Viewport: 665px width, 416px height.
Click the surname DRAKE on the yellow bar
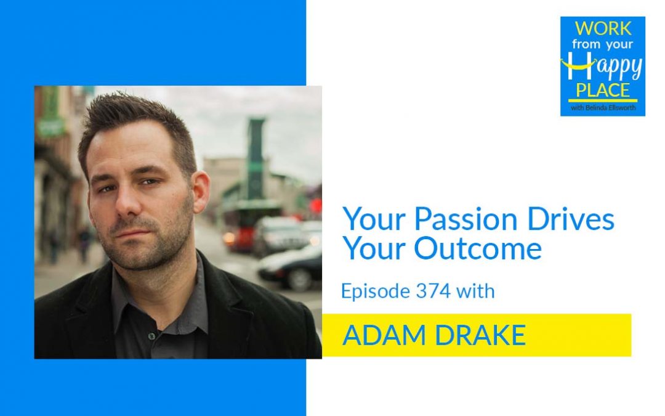pyautogui.click(x=474, y=335)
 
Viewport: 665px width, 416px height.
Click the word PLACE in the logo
pyautogui.click(x=603, y=90)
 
